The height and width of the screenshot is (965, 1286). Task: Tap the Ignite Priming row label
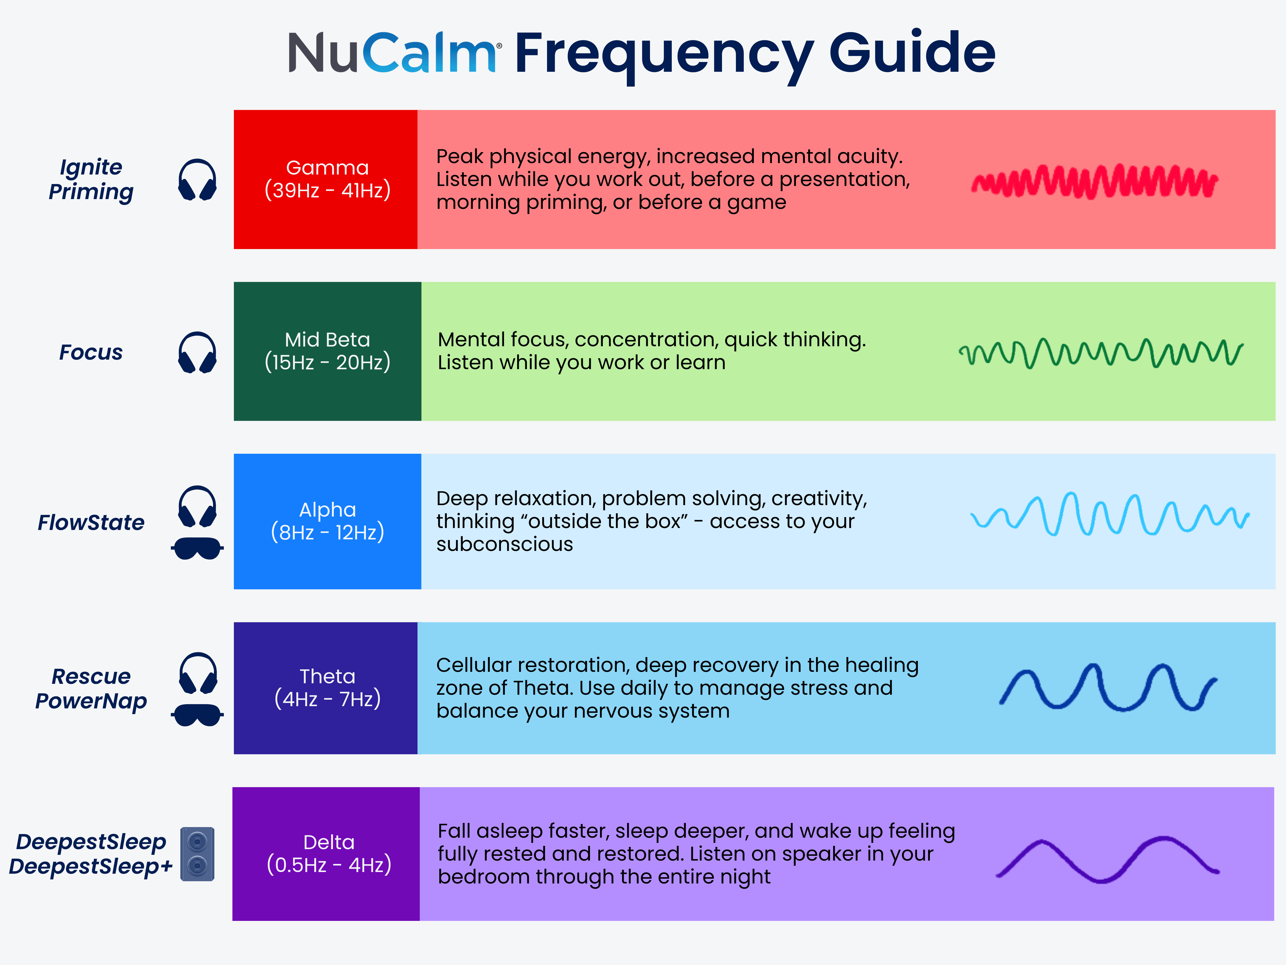coord(91,179)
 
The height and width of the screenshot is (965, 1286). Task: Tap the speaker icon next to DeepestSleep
coord(198,854)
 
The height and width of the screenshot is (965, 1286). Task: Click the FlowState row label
coord(91,522)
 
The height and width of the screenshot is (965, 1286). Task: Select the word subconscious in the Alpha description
coord(505,544)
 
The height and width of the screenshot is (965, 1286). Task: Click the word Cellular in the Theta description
coord(474,665)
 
